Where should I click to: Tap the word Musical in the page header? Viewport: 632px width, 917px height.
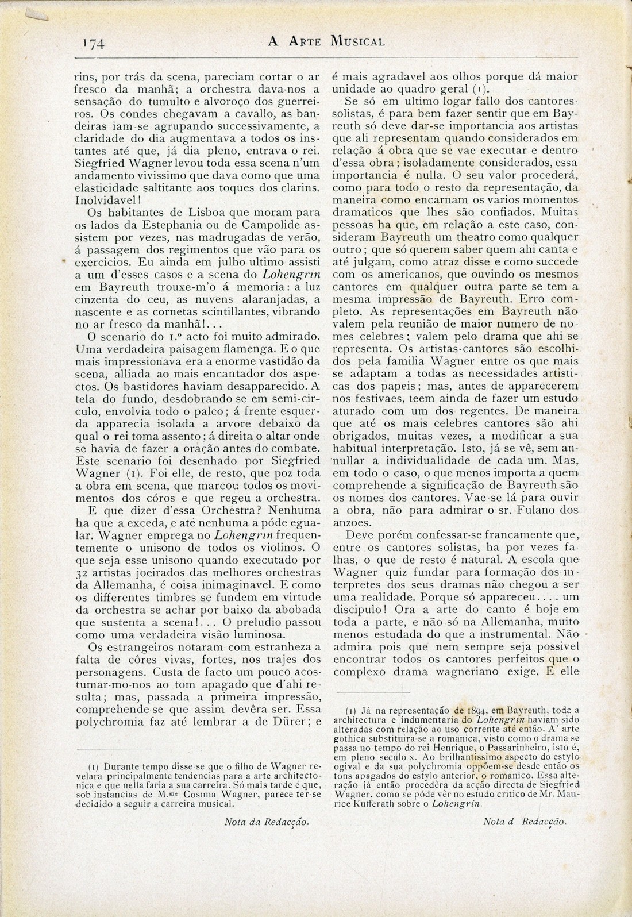(x=357, y=41)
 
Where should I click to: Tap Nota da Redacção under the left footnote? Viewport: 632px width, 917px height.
(x=266, y=822)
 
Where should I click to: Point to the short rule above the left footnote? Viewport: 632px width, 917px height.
(x=113, y=749)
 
